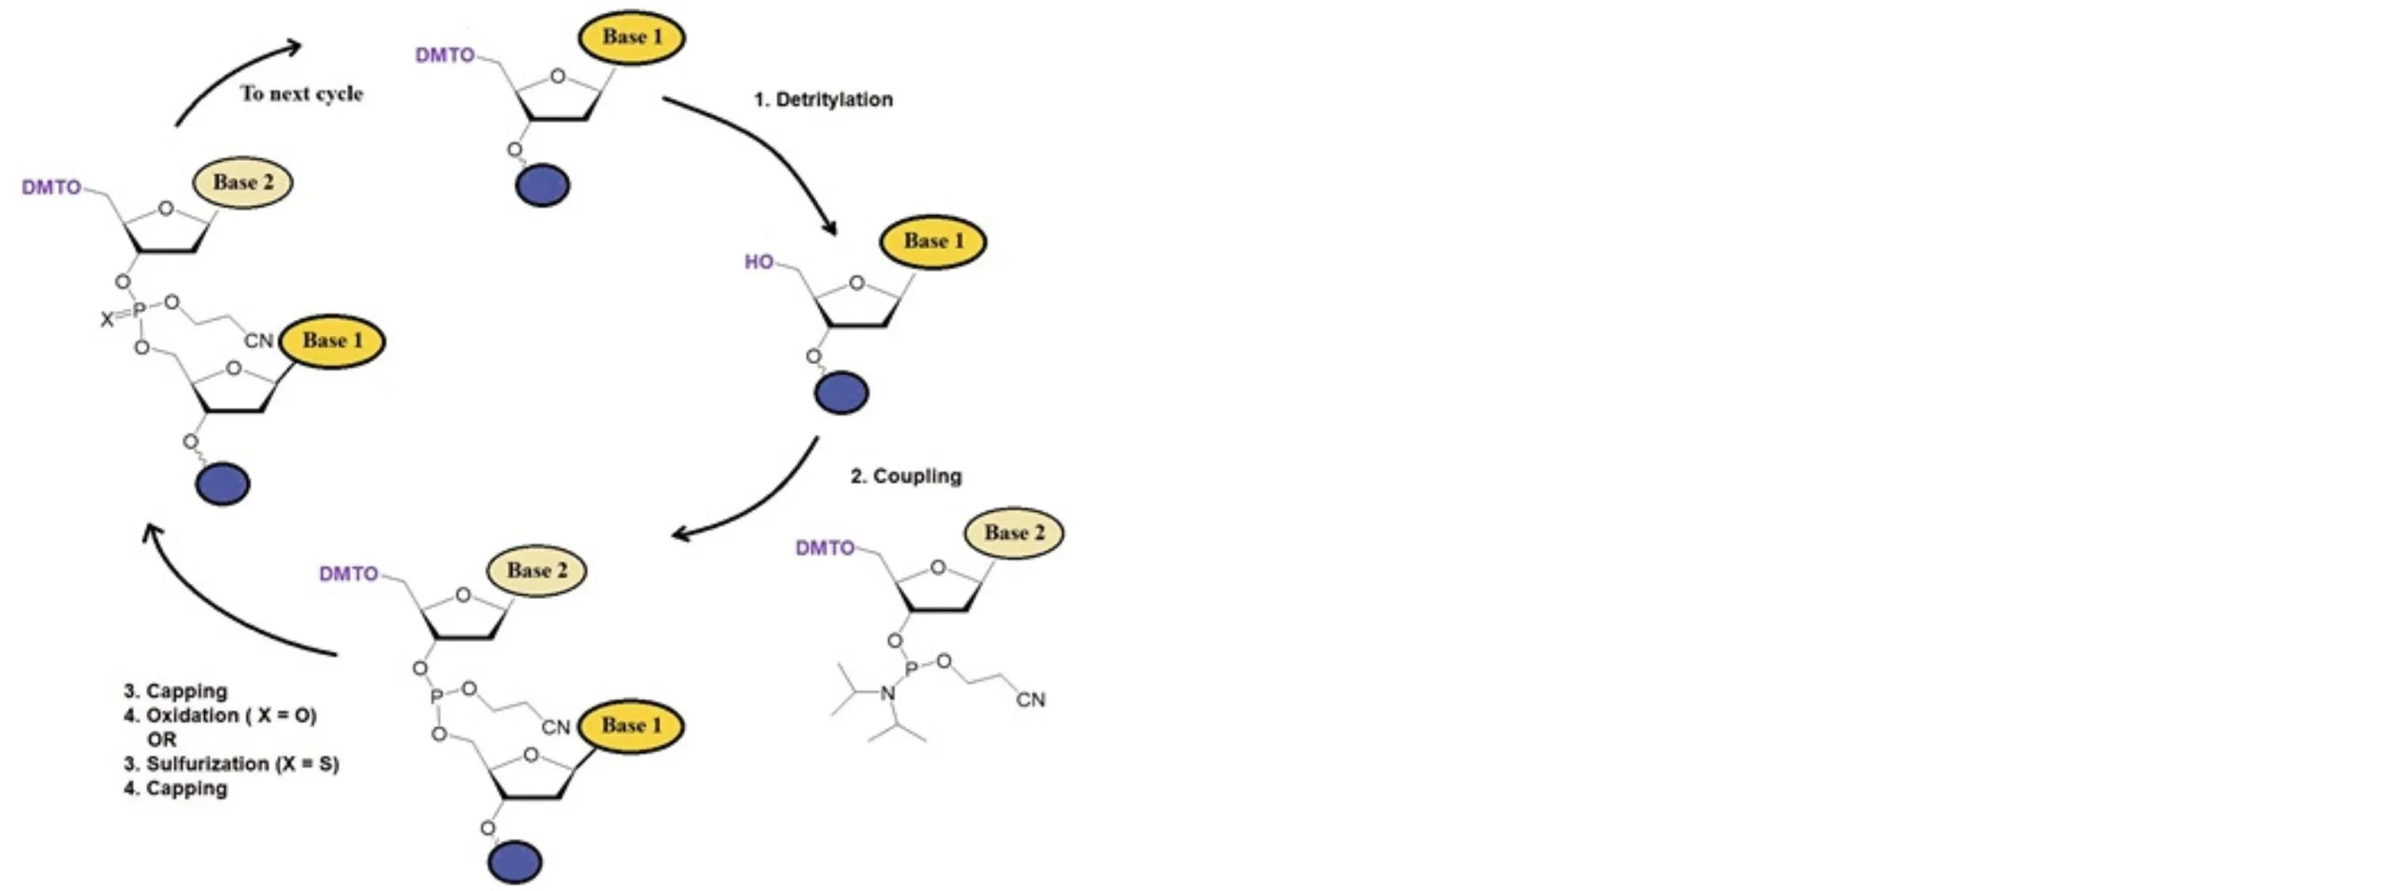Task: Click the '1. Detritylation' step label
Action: tap(823, 100)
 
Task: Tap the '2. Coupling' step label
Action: tap(905, 476)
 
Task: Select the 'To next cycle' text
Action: tap(302, 93)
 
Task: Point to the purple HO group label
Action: tap(758, 263)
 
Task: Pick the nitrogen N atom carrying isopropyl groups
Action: tap(888, 693)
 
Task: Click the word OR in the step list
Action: tap(161, 740)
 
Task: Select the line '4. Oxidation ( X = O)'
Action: tap(220, 716)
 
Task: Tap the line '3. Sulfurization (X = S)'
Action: tap(231, 764)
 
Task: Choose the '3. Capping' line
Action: tap(175, 692)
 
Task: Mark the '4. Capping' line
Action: tap(175, 789)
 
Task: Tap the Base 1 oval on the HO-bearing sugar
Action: tap(932, 241)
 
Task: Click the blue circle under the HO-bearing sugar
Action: tap(841, 393)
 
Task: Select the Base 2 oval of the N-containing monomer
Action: tap(1015, 533)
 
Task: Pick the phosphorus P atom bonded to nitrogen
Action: tap(912, 667)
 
